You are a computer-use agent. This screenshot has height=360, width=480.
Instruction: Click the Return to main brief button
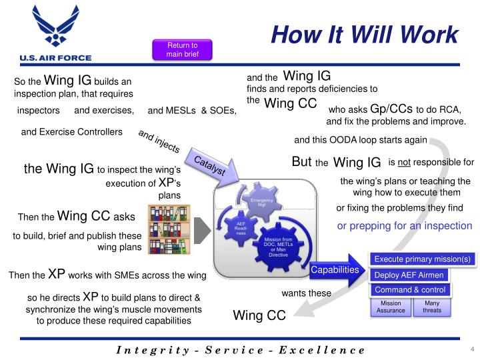[x=183, y=49]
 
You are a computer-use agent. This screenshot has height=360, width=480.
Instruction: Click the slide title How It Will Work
[x=365, y=34]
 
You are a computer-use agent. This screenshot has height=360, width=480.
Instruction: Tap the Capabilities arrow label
[x=335, y=270]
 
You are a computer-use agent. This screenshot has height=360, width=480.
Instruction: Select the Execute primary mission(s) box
[x=422, y=259]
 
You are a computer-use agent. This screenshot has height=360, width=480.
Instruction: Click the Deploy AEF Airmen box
[x=409, y=275]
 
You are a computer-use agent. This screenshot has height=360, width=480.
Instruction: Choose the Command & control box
[x=409, y=290]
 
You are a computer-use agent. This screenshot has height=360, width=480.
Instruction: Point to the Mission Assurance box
[x=390, y=307]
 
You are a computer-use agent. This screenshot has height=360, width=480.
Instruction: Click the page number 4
[x=471, y=350]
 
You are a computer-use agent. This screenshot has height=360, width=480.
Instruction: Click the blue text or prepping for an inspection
[x=404, y=226]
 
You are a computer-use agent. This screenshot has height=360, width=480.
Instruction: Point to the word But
[x=302, y=161]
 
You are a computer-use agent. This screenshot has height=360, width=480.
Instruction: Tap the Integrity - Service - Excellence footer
[x=241, y=350]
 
